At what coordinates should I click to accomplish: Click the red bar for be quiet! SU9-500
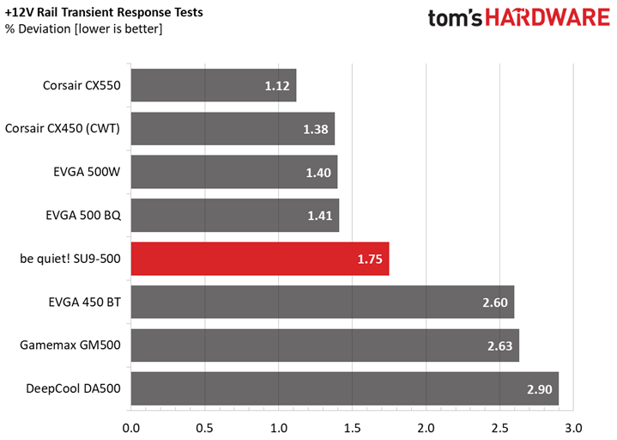tap(260, 259)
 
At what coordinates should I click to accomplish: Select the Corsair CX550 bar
tap(214, 85)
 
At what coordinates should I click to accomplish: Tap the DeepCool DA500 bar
tap(345, 388)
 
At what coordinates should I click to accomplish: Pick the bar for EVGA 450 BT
tap(323, 302)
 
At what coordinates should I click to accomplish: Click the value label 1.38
tap(316, 129)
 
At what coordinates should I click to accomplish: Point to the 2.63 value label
tap(500, 345)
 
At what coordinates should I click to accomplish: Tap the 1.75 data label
tap(370, 260)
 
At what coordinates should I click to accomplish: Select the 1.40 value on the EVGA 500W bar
tap(318, 173)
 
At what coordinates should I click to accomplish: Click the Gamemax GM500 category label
tap(70, 345)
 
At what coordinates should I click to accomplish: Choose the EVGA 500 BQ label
tap(83, 215)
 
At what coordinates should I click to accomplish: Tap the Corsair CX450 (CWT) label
tap(62, 128)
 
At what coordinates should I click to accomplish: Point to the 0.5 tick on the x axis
tap(204, 428)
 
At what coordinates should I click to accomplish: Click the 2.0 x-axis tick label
tap(426, 428)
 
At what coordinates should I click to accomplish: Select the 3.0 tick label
tap(573, 428)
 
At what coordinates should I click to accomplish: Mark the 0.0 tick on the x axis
tap(131, 428)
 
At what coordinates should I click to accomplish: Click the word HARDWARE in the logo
tap(547, 18)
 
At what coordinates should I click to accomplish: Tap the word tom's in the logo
tap(455, 19)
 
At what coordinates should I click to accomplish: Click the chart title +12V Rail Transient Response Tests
tap(104, 12)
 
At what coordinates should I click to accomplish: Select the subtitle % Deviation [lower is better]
tap(83, 28)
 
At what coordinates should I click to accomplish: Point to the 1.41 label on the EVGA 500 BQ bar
tap(320, 216)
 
